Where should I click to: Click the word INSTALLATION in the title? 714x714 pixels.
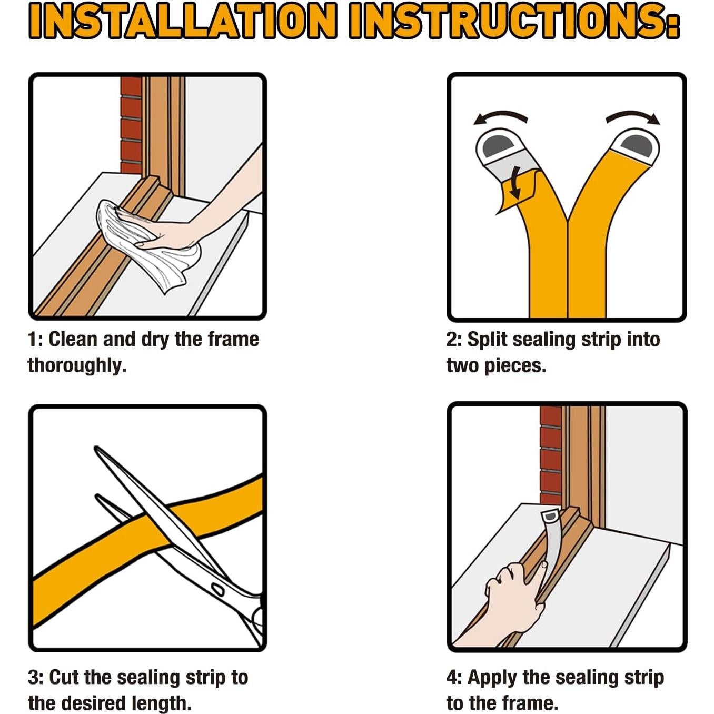(x=183, y=21)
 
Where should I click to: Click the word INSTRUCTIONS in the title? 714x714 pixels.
(x=514, y=21)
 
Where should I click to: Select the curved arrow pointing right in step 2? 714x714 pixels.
(x=633, y=116)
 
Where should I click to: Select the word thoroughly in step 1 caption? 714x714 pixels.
(x=77, y=366)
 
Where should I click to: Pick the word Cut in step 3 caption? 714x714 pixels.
(x=64, y=667)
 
